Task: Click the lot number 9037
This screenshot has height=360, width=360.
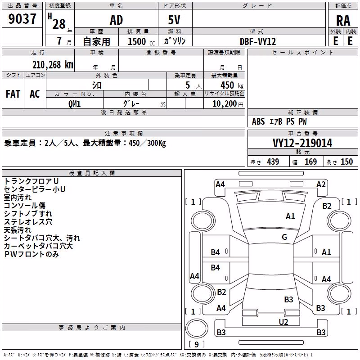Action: click(x=22, y=19)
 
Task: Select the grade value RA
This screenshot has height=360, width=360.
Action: click(x=343, y=21)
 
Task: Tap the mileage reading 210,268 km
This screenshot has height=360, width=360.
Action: click(x=53, y=65)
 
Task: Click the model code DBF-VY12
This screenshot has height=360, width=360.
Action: click(x=258, y=41)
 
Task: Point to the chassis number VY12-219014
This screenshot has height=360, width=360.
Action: click(x=302, y=143)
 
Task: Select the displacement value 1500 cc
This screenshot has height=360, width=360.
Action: click(x=141, y=41)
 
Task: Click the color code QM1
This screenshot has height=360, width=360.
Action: click(x=74, y=104)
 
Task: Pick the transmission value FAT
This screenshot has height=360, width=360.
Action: click(x=13, y=94)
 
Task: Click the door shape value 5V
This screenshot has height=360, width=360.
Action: click(x=174, y=20)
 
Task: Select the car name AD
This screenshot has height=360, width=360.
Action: click(x=117, y=20)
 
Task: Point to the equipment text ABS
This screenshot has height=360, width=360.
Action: click(x=258, y=121)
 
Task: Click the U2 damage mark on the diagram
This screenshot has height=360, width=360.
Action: click(x=283, y=322)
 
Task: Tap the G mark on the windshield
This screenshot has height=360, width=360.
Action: click(x=284, y=237)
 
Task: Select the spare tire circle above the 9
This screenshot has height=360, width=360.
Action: click(x=197, y=328)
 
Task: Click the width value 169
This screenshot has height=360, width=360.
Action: click(x=310, y=162)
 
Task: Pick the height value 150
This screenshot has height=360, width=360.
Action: click(x=346, y=162)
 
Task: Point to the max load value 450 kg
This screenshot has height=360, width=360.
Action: click(x=232, y=85)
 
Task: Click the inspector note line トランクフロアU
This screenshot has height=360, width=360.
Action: click(x=31, y=181)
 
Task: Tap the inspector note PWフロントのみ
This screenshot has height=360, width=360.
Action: click(x=31, y=254)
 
